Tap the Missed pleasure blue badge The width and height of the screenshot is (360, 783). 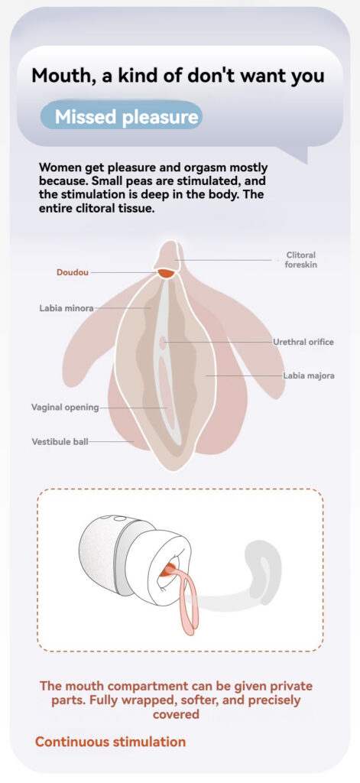tap(122, 115)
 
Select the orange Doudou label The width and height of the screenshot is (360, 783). tap(73, 273)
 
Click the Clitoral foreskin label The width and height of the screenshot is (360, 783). tap(300, 260)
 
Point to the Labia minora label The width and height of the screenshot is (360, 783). tap(66, 308)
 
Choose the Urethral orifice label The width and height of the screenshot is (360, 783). tap(303, 342)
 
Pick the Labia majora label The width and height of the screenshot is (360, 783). tap(309, 375)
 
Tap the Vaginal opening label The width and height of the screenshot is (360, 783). tap(66, 407)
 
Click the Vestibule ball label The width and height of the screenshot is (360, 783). tap(60, 441)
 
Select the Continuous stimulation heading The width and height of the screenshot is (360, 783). tap(110, 742)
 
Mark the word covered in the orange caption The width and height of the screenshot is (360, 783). tap(176, 714)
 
